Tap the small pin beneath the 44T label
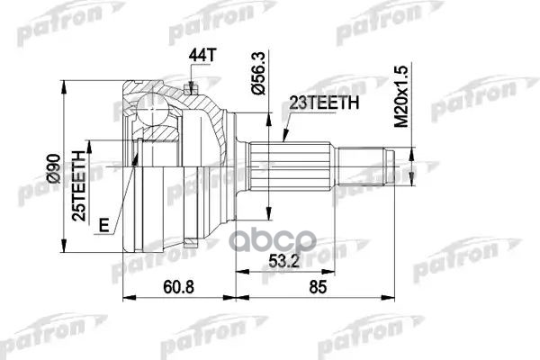191,87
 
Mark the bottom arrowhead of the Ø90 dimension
64,250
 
